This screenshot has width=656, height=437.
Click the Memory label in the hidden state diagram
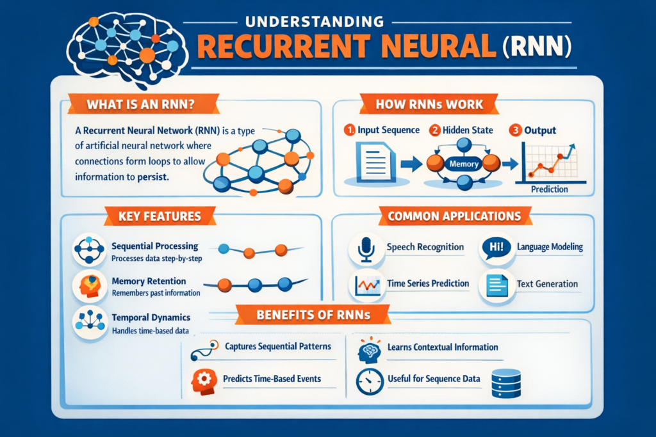[x=464, y=164]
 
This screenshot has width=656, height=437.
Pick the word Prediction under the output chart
[x=550, y=190]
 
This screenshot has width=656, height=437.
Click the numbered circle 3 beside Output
[x=514, y=131]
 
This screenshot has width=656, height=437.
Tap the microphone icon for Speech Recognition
[x=366, y=249]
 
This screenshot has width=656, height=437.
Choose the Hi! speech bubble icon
[x=496, y=248]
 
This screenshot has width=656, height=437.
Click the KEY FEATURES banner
[x=159, y=216]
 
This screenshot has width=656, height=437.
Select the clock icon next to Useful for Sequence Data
[x=367, y=379]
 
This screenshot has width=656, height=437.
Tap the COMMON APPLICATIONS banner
[x=454, y=216]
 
